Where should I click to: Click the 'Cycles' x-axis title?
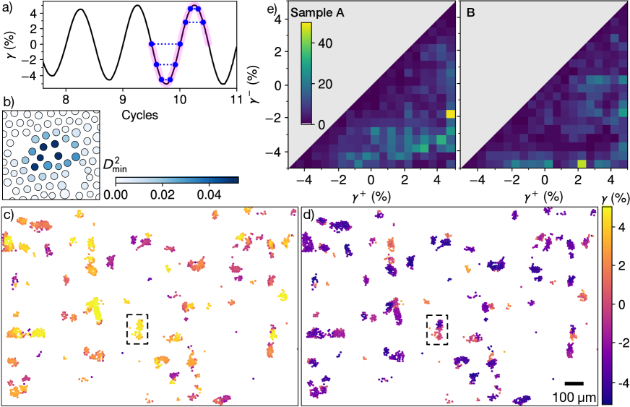click(140, 115)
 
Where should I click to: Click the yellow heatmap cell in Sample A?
click(451, 113)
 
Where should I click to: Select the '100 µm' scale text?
click(574, 396)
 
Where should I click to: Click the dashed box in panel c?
click(137, 329)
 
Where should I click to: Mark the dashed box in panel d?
click(437, 329)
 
